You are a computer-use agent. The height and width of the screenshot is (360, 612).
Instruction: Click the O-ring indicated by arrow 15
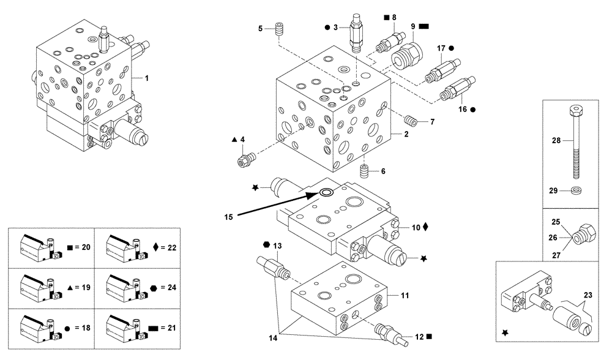[x=325, y=193]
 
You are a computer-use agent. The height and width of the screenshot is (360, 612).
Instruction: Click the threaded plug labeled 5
[x=282, y=29]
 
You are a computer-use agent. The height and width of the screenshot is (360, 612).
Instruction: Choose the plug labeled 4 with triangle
[x=244, y=161]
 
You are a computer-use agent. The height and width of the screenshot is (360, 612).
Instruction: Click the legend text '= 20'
[x=82, y=247]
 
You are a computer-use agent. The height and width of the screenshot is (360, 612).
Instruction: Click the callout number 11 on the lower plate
[x=405, y=296]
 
